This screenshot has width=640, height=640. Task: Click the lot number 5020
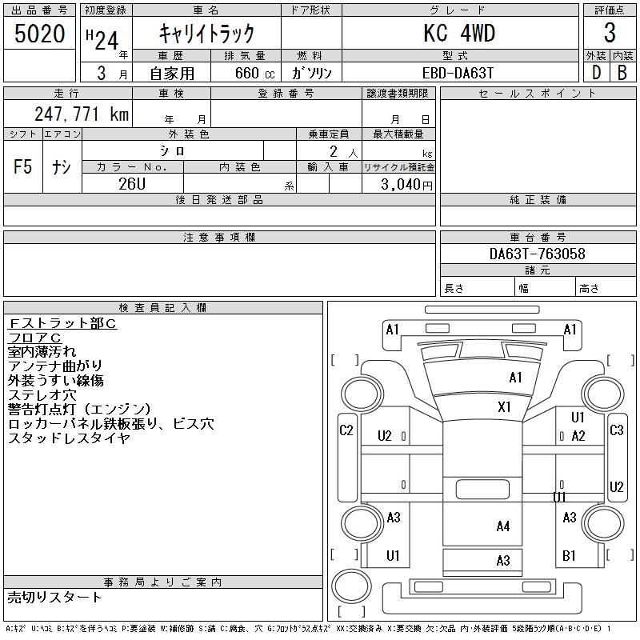tap(39, 34)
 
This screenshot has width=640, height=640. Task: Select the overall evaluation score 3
tap(610, 34)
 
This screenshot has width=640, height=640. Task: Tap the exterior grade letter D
tap(596, 72)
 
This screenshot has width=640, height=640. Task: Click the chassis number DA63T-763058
tap(537, 254)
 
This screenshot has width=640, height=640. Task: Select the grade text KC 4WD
tap(459, 34)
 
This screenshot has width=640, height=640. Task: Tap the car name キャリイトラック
tap(206, 34)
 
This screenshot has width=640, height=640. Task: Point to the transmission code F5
tap(23, 167)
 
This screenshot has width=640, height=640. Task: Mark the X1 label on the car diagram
tap(504, 407)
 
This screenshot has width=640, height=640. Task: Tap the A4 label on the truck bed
tap(502, 526)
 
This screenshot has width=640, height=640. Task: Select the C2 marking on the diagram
tap(346, 430)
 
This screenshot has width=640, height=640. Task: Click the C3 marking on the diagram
tap(616, 430)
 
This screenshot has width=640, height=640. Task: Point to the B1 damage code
tap(570, 555)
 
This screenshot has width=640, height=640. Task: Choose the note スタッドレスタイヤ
tap(69, 438)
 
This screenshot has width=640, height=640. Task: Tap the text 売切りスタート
tap(55, 597)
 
